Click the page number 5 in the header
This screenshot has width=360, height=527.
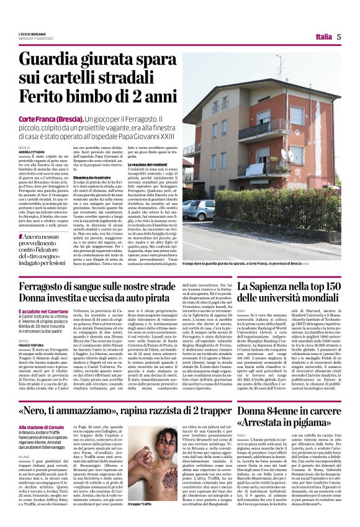point(339,37)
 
